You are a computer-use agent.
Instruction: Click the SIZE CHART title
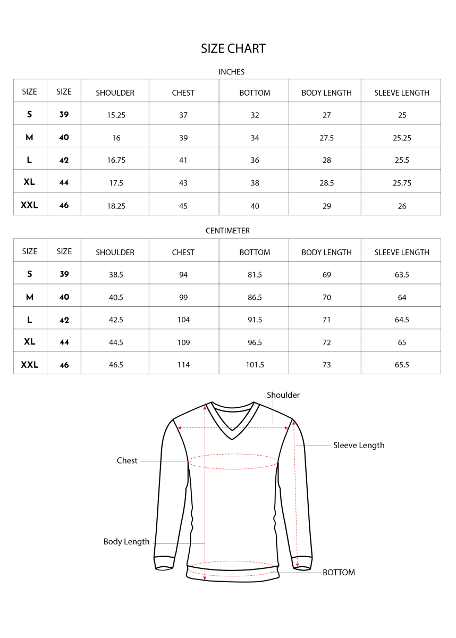coord(233,48)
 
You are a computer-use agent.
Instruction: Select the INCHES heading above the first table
coord(231,72)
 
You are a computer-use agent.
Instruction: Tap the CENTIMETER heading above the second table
coord(227,231)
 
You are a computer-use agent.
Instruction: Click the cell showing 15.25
coord(116,115)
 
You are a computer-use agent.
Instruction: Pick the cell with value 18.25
coord(116,206)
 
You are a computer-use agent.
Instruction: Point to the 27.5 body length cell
coord(326,138)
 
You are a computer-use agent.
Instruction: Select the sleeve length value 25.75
coord(402,183)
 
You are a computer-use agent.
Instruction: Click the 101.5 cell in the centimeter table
coord(255,365)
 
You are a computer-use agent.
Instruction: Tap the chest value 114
coord(183,365)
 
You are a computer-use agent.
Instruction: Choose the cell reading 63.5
coord(402,275)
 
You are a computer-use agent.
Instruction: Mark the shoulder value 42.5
coord(116,320)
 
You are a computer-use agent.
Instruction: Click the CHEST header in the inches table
coord(183,93)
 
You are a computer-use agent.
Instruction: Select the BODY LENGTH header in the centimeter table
coord(326,253)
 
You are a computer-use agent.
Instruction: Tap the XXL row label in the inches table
coord(30,205)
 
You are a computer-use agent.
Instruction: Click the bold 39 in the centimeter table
coord(64,274)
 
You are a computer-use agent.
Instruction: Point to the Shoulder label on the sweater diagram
coord(283,395)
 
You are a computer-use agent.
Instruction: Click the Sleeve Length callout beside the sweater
coord(359,446)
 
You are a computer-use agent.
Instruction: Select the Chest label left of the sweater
coord(127,460)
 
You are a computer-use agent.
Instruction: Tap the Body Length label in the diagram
coord(126,542)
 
